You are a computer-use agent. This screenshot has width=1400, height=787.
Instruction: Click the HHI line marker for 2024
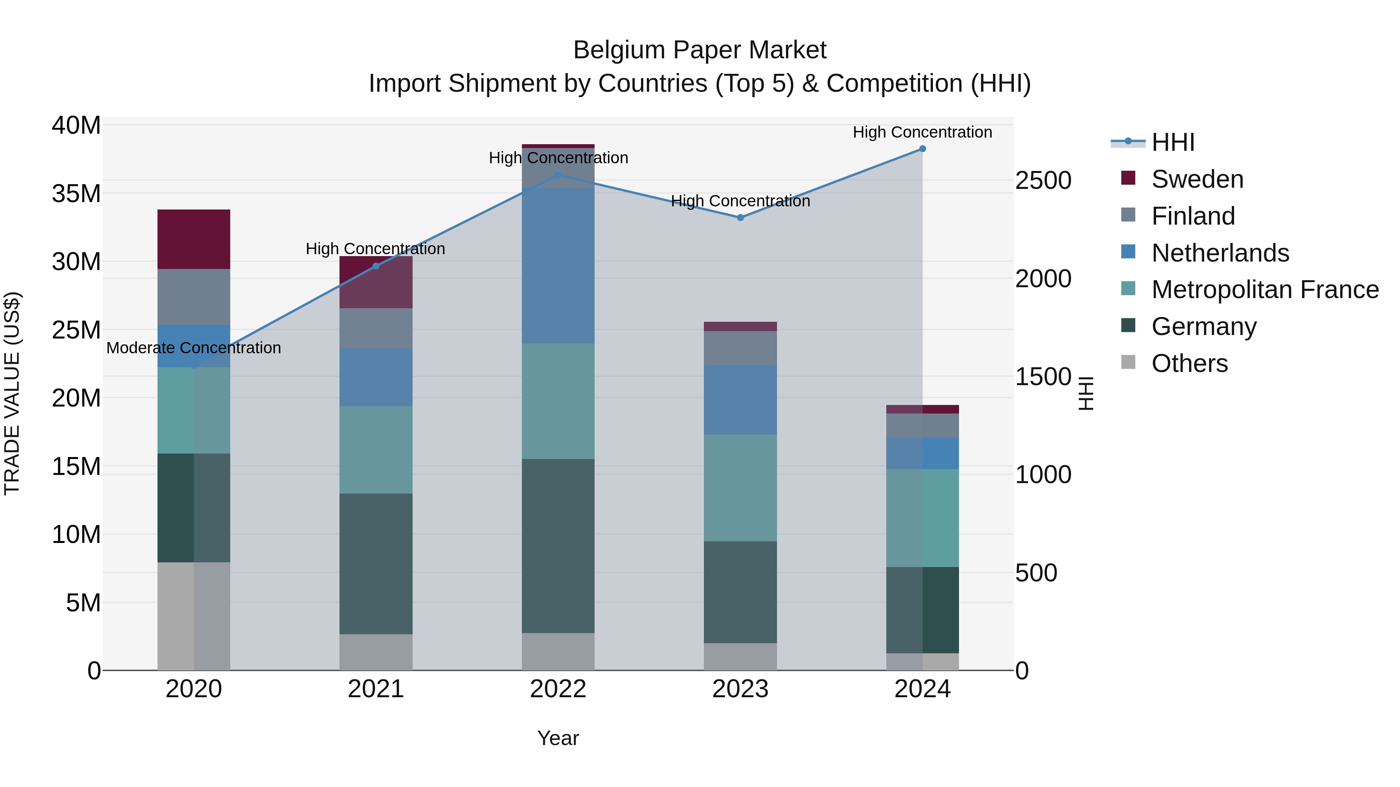(922, 149)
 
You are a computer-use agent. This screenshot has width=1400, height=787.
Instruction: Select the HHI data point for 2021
(376, 266)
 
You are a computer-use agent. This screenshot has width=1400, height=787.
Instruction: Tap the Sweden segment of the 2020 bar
(194, 239)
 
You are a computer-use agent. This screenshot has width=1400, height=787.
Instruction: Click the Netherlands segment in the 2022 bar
(558, 266)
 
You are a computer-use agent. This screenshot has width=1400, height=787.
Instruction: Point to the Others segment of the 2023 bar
(740, 657)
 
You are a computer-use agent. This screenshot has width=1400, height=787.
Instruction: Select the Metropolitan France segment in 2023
(740, 488)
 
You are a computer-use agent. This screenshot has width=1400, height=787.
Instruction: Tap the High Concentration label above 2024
(922, 133)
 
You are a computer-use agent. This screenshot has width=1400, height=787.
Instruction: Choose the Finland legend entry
(1193, 216)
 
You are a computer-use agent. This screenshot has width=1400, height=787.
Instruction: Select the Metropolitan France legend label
(1265, 290)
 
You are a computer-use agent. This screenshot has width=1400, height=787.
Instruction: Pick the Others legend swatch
(1128, 362)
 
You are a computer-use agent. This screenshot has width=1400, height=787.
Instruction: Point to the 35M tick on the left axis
(76, 194)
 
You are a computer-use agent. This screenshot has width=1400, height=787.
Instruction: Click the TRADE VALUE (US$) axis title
(12, 393)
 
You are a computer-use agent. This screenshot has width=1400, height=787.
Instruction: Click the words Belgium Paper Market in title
(700, 50)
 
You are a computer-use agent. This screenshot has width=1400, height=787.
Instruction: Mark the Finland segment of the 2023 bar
(740, 348)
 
